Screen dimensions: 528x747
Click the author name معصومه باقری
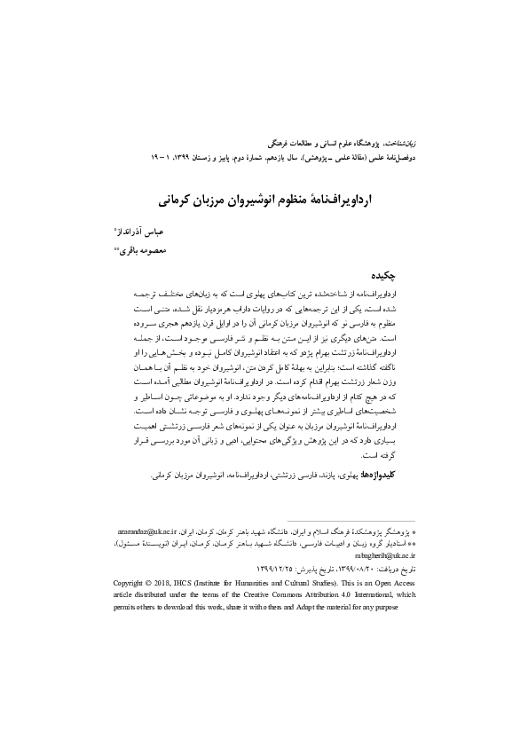385,251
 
